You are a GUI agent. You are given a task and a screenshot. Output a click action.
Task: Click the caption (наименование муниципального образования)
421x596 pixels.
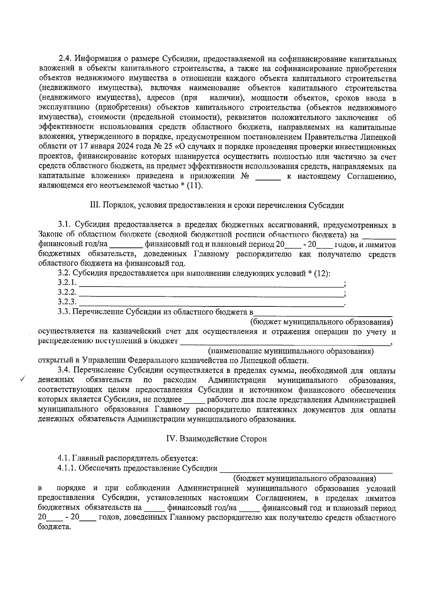pyautogui.click(x=291, y=351)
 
